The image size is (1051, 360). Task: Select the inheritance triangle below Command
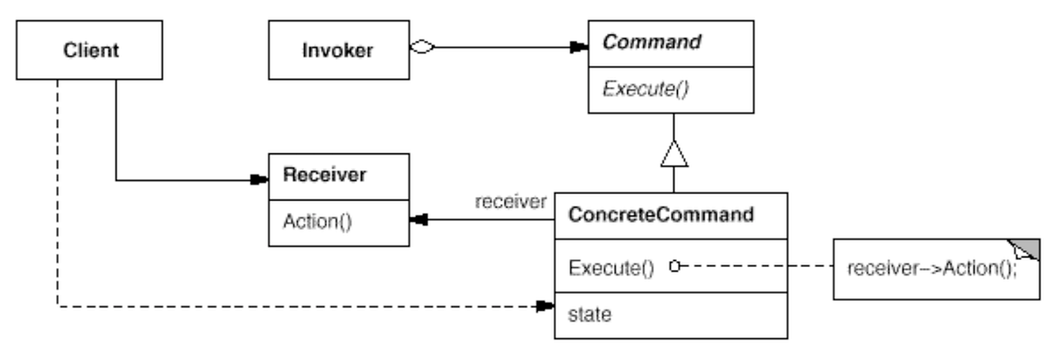click(672, 158)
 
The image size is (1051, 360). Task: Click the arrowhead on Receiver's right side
click(416, 222)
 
